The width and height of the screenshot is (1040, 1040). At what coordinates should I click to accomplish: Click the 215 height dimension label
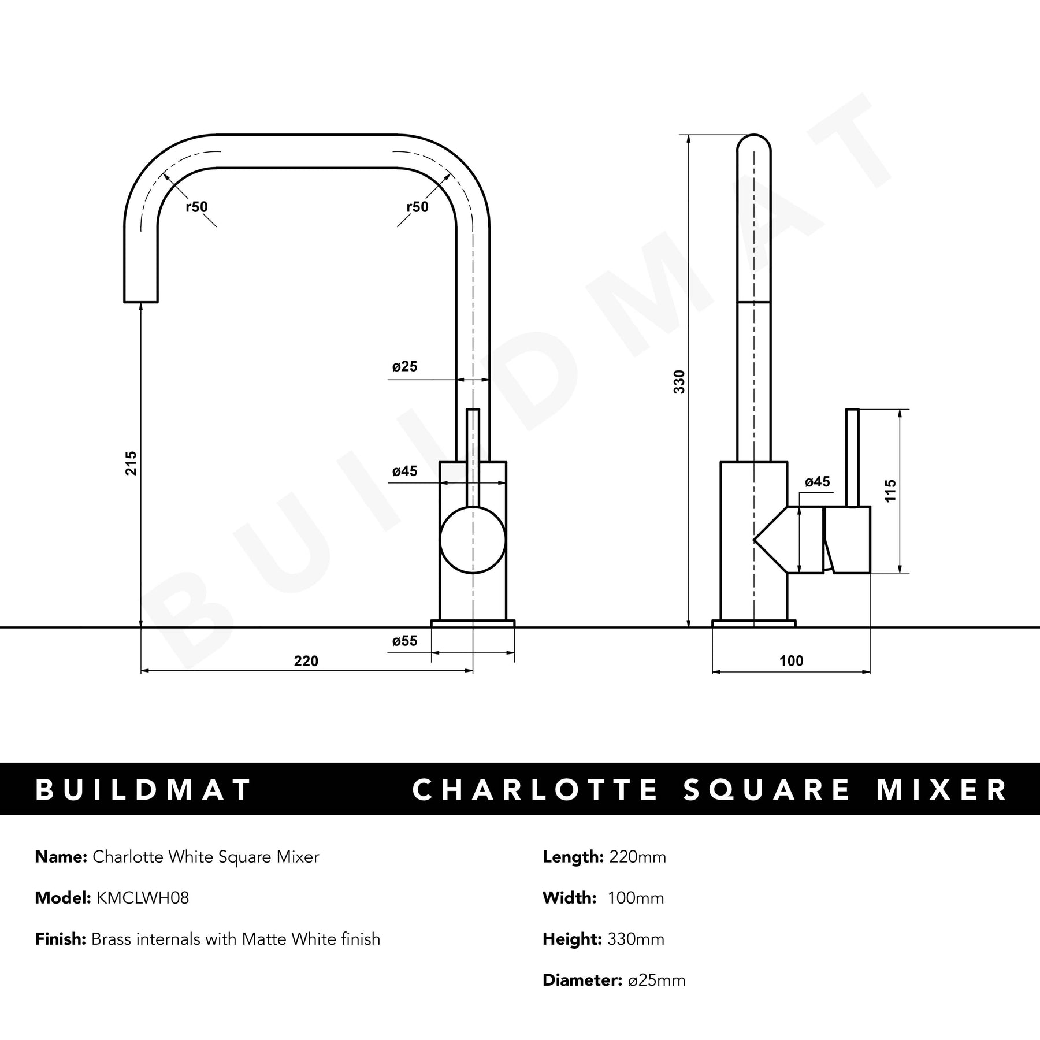132,463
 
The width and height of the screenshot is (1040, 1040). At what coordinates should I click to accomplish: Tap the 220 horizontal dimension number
306,661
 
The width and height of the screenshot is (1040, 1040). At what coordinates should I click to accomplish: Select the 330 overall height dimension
679,382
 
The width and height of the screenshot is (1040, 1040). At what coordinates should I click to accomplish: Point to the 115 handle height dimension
890,491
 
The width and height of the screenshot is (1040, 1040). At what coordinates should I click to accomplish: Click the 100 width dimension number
792,661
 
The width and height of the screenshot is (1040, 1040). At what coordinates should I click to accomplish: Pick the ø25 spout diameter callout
404,366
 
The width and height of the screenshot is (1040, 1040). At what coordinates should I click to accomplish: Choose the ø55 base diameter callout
404,641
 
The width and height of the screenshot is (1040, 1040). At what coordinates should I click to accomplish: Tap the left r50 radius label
196,207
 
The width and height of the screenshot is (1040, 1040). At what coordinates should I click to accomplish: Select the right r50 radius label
417,207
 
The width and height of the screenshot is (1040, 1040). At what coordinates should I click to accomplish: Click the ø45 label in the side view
817,482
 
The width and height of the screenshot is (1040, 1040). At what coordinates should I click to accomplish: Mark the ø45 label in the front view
404,471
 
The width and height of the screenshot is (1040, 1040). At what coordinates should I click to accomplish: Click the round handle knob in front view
473,540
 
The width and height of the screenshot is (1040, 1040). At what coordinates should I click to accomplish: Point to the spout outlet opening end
141,302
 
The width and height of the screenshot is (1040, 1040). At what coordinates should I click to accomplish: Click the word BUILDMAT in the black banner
144,790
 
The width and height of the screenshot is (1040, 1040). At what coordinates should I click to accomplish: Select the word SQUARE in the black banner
767,790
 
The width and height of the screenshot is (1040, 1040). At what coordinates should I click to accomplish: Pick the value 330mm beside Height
636,939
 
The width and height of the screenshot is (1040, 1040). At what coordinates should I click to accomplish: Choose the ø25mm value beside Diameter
656,980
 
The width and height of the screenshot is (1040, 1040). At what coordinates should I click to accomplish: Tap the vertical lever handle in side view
852,458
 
